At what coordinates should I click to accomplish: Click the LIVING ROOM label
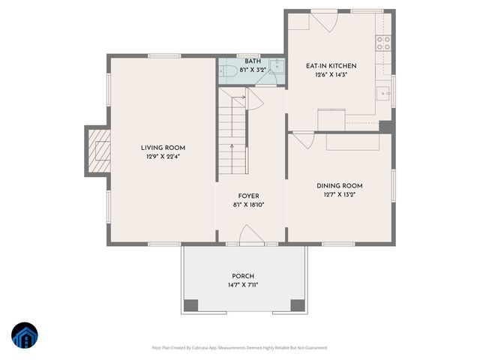pos(163,148)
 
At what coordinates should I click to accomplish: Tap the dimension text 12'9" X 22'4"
pos(163,157)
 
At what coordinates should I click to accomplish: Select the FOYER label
pos(248,196)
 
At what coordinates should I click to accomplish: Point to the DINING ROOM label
pos(340,185)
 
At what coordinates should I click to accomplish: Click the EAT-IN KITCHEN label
pos(331,66)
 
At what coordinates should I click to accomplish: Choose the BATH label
pos(252,61)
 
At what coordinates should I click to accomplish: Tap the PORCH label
pos(242,276)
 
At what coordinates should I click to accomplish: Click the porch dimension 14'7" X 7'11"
pos(242,285)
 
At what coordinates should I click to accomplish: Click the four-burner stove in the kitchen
pos(383,43)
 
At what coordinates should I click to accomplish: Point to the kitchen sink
pos(383,95)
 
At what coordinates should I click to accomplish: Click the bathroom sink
pos(276,64)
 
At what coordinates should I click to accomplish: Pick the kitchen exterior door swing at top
pos(325,20)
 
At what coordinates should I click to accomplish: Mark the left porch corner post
pos(191,305)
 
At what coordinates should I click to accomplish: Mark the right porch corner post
pos(298,305)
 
